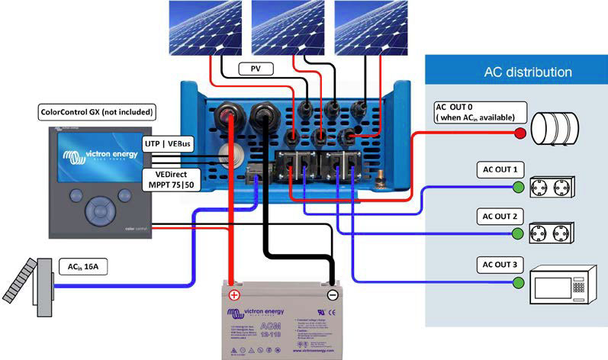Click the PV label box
256,69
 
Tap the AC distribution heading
528,72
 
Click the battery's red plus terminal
235,295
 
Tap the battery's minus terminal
333,295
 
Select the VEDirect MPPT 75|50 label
171,179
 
